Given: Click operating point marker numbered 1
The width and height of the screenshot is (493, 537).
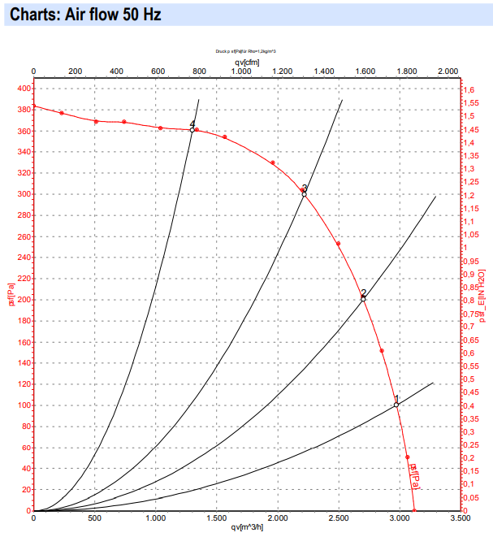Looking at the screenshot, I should [396, 405].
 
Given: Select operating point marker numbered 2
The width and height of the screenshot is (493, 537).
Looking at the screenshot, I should [363, 299].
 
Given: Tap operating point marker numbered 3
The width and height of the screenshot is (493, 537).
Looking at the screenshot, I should [304, 194].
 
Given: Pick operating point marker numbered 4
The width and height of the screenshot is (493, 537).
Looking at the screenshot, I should [192, 130].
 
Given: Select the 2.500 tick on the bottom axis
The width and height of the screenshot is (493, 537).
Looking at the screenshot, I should [339, 518].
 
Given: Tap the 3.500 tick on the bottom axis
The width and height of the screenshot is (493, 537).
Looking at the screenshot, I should [461, 518].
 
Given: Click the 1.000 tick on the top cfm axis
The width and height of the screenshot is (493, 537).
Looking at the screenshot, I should [240, 71].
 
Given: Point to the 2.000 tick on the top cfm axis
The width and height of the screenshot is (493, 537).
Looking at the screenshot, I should [448, 71].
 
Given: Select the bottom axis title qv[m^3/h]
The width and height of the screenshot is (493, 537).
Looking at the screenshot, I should [248, 528].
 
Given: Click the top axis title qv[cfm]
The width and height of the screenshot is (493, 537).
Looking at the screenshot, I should [247, 61].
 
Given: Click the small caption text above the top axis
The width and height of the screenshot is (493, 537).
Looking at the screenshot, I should [247, 50].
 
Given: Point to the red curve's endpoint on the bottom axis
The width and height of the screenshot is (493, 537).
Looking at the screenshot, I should [414, 510].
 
